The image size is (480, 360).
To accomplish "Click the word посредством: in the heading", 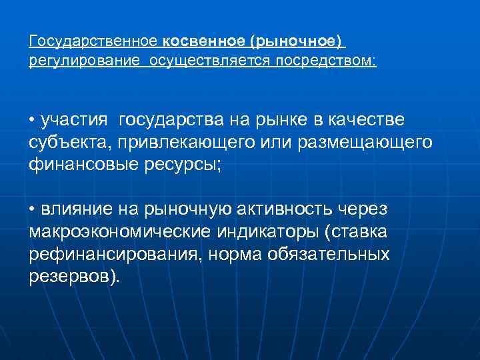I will point(321,61).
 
